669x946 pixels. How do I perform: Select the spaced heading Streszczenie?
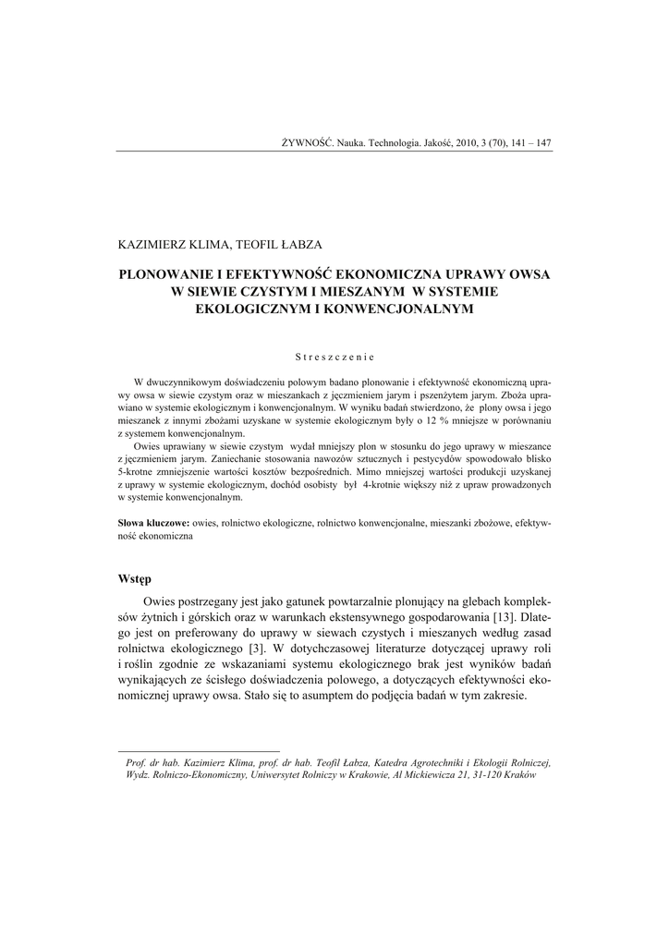[334, 357]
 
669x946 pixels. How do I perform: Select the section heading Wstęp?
[134, 579]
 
